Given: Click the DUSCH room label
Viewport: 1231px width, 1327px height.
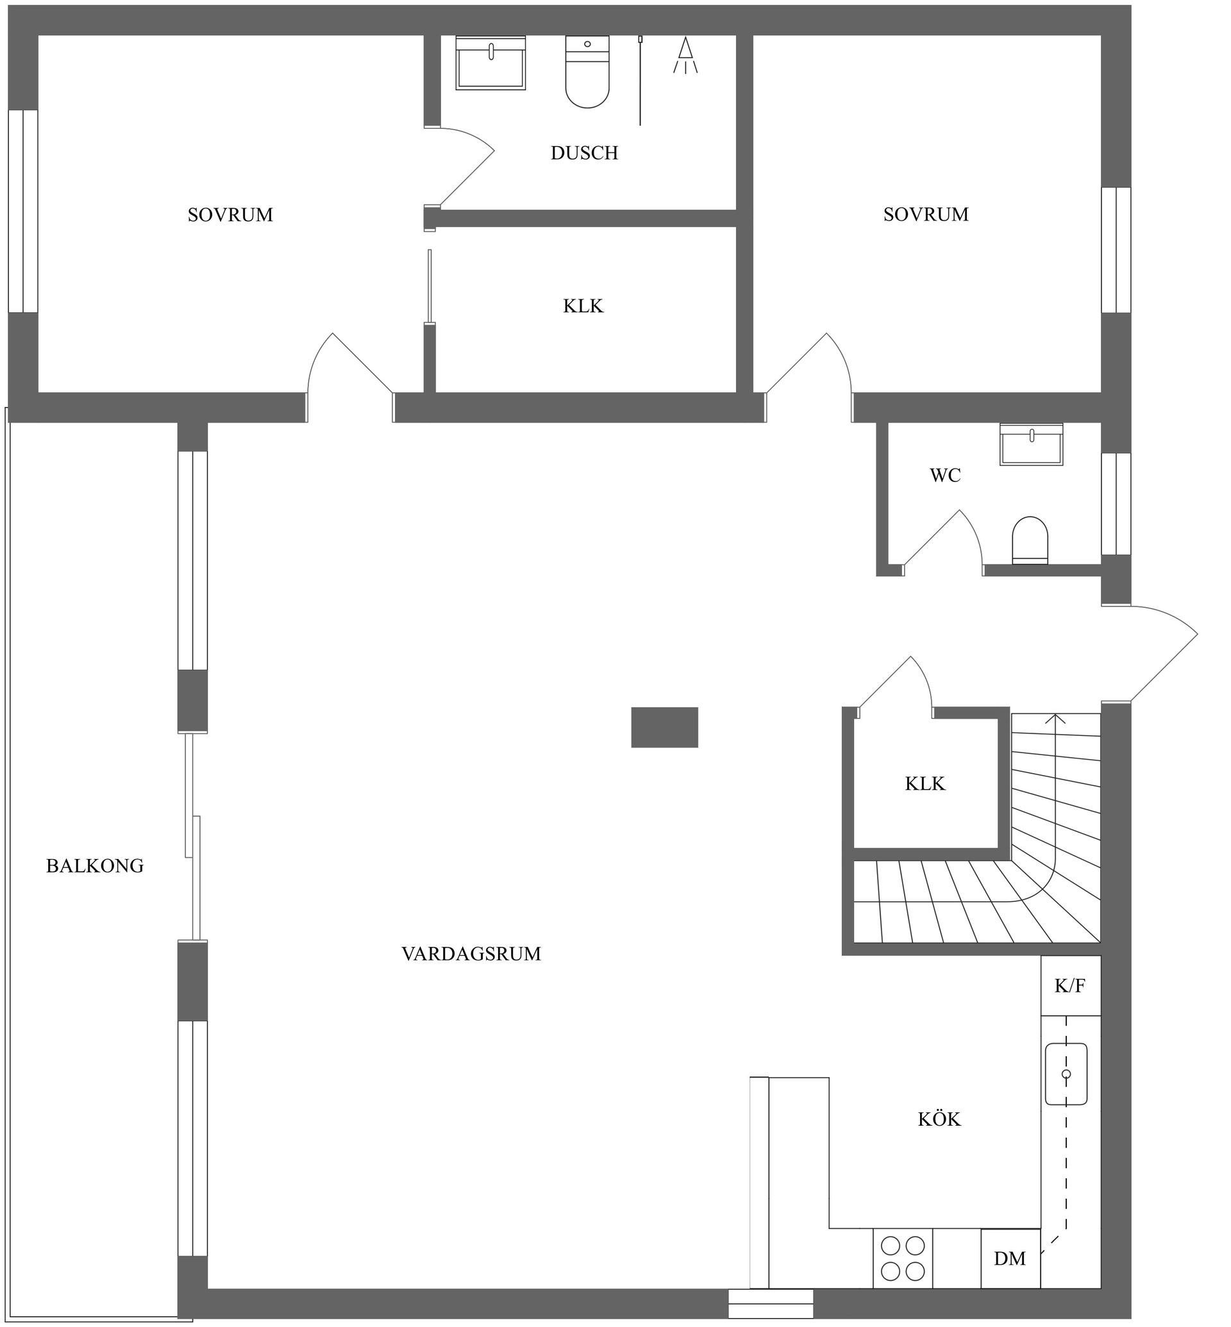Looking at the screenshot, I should tap(584, 153).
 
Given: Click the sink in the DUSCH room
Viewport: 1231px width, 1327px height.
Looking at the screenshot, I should tap(490, 63).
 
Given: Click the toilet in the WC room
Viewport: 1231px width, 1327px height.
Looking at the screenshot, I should tap(1029, 540).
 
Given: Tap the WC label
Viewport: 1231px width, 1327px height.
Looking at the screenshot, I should tap(944, 476).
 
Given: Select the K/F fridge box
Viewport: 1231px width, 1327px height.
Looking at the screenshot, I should tap(1070, 986).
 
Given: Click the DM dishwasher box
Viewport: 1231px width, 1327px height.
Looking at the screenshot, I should tap(1010, 1258).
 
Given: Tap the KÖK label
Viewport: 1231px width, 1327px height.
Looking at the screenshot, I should tap(939, 1120).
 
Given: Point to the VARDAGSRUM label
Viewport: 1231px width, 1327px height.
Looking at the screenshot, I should tap(471, 954).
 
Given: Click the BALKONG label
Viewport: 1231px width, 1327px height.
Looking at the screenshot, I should tap(95, 866).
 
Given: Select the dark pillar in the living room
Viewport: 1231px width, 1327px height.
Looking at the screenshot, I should tap(664, 728).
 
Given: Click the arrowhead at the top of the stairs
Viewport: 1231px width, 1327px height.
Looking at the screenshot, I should tap(1055, 718).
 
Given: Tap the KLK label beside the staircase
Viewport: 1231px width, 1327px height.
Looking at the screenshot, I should tap(925, 784).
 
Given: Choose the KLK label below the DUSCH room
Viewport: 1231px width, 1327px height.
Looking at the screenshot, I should tap(583, 306).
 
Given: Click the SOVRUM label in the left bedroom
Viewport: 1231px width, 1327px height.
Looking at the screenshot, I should tap(230, 215).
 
